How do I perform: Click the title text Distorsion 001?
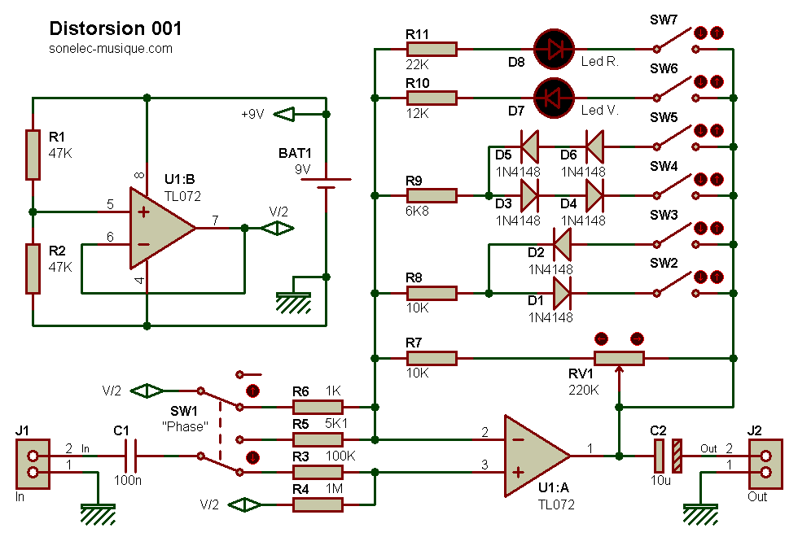116,28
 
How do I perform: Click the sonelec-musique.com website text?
111,49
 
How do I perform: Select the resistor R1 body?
33,155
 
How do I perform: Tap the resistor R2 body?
33,268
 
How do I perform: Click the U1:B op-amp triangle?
163,228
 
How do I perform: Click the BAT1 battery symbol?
327,184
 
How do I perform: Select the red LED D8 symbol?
555,50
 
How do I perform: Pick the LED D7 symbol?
555,98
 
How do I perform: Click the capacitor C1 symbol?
131,456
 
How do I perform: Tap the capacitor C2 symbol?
668,456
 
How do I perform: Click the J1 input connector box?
33,464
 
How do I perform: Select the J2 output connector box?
765,464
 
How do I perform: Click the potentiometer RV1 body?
620,359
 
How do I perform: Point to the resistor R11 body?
432,50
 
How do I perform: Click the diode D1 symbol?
563,294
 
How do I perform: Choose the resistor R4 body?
318,505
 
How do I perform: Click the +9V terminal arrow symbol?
284,115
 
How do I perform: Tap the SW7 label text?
664,20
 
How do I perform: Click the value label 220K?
583,390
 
